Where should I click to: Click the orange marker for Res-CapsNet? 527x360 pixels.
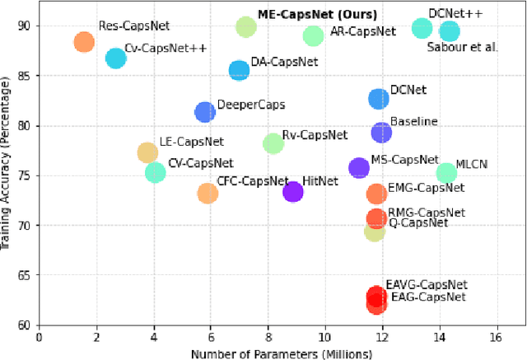[84, 42]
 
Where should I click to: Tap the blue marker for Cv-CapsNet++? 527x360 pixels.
[116, 58]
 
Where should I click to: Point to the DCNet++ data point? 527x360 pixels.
[422, 28]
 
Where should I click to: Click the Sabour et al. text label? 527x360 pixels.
[463, 47]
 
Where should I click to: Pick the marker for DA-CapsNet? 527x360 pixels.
[239, 71]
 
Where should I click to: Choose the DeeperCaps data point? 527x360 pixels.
[205, 112]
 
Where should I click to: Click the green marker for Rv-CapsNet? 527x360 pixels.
[273, 144]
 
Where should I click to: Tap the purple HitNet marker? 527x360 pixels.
[292, 192]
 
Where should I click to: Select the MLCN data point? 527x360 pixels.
[446, 172]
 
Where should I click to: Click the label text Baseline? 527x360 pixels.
[413, 121]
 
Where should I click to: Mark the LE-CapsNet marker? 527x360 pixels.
[147, 152]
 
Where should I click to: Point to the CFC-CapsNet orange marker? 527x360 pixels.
[208, 194]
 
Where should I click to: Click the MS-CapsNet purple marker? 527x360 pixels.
[359, 168]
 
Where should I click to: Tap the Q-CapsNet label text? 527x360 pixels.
[417, 222]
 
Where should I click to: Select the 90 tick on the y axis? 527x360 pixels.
[24, 26]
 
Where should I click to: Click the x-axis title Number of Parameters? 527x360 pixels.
[282, 353]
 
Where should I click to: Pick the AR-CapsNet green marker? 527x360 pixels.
[313, 35]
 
